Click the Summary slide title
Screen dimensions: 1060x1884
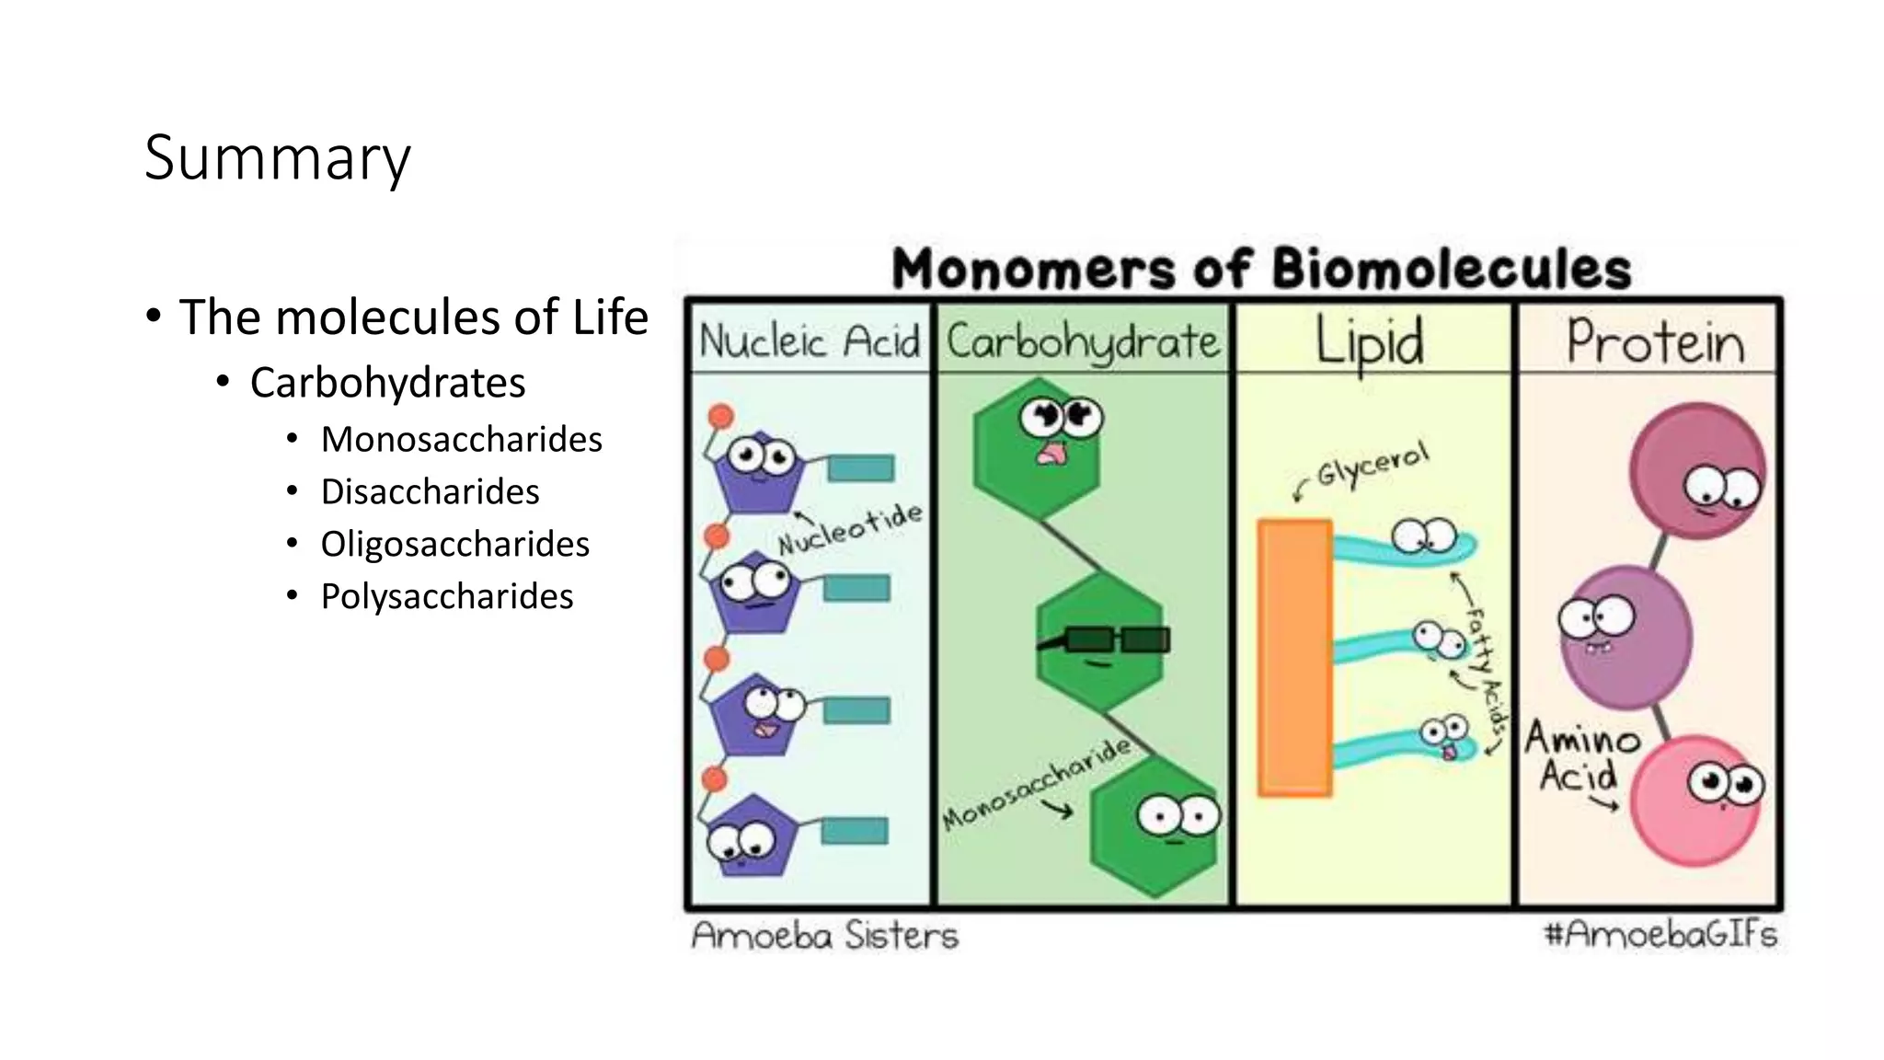277,158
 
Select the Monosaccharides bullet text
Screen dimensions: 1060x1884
461,440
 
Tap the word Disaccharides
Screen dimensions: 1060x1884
430,492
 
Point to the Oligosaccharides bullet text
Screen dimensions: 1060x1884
454,545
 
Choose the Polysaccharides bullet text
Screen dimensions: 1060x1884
446,597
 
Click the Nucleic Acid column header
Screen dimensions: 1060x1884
810,340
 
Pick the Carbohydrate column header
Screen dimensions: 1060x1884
1083,342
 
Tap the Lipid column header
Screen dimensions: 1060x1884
1370,342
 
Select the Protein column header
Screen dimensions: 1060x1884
1655,342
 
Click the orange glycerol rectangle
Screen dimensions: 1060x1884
1294,657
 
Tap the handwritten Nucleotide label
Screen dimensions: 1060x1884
850,530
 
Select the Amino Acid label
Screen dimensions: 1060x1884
1580,757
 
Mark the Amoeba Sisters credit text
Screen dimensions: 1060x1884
824,936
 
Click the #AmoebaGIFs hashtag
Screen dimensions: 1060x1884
1660,935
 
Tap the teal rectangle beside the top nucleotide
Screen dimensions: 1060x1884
860,468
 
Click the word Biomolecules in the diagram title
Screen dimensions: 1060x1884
1452,270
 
